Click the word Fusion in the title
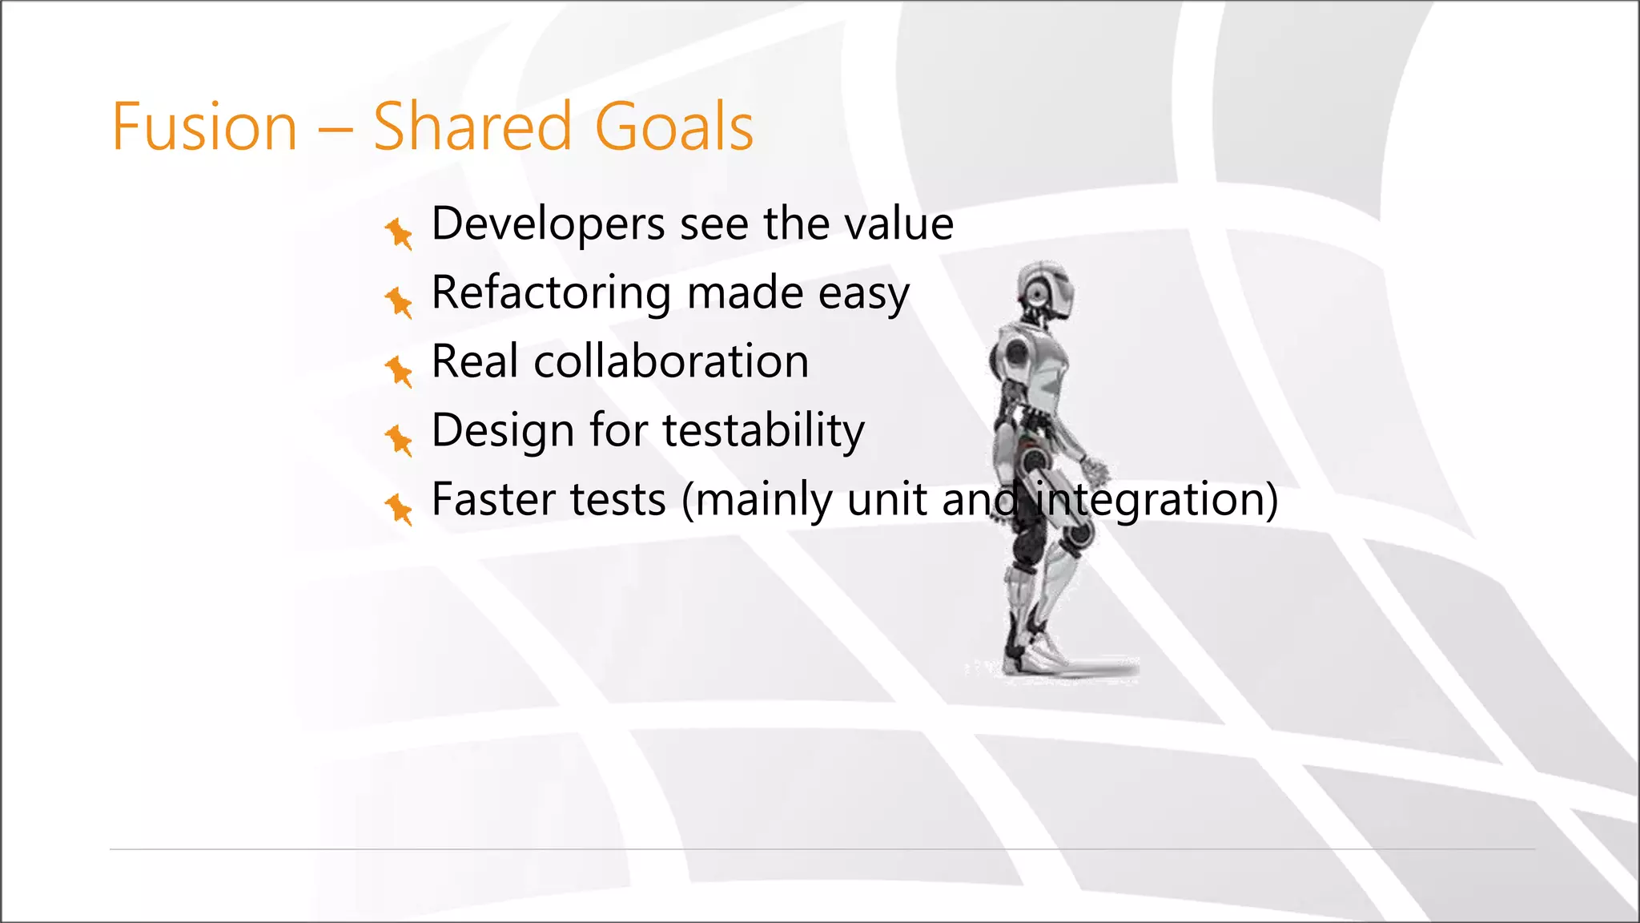204,127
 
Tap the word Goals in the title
673,127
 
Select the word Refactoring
551,293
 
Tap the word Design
502,432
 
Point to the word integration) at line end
1156,501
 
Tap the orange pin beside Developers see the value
398,233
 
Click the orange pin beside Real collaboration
398,371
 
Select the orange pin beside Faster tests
398,509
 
